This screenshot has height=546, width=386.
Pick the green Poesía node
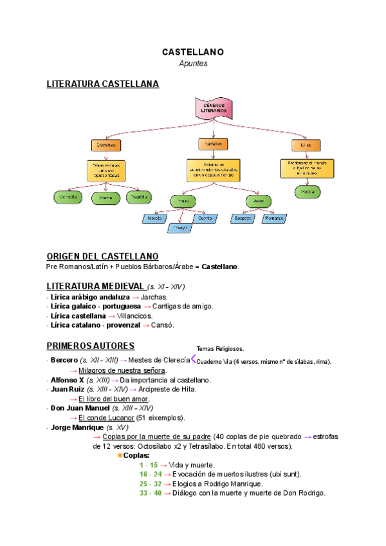pyautogui.click(x=308, y=191)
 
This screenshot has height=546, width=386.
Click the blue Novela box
pyautogui.click(x=154, y=218)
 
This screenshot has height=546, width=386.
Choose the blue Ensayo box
pyautogui.click(x=181, y=227)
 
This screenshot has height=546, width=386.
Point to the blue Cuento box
pyautogui.click(x=205, y=218)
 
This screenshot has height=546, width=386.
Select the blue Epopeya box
pyautogui.click(x=243, y=218)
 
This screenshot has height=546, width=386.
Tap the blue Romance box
pyautogui.click(x=273, y=218)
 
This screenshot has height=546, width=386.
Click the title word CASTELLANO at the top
pyautogui.click(x=192, y=52)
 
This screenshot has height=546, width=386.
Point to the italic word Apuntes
pyautogui.click(x=192, y=64)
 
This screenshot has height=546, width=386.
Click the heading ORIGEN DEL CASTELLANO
pyautogui.click(x=102, y=256)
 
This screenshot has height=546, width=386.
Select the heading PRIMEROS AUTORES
pyautogui.click(x=91, y=346)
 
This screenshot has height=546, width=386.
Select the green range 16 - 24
pyautogui.click(x=150, y=474)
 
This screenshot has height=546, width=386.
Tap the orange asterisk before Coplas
pyautogui.click(x=120, y=455)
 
